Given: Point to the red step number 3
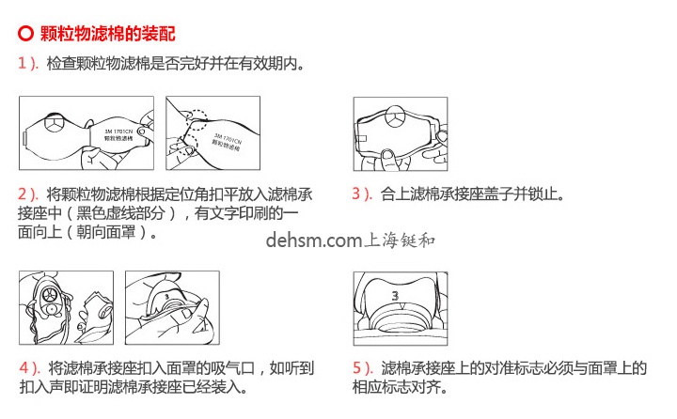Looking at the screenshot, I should point(357,194).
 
